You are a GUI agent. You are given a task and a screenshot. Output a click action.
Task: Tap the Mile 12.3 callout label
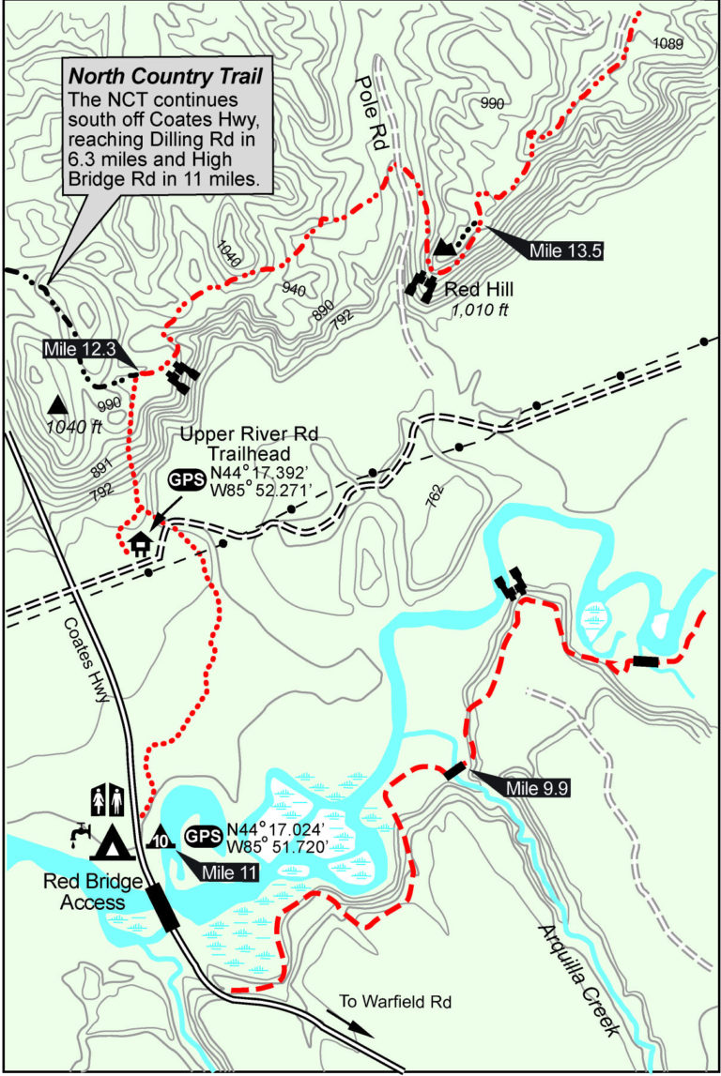pos(79,350)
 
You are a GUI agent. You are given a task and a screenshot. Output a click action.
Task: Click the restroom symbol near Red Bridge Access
pos(105,800)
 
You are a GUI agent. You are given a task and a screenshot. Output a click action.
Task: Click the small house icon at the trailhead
pos(141,543)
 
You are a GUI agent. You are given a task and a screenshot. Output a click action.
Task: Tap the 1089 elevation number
pos(667,43)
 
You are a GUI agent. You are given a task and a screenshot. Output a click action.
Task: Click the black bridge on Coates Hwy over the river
pos(163,908)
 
